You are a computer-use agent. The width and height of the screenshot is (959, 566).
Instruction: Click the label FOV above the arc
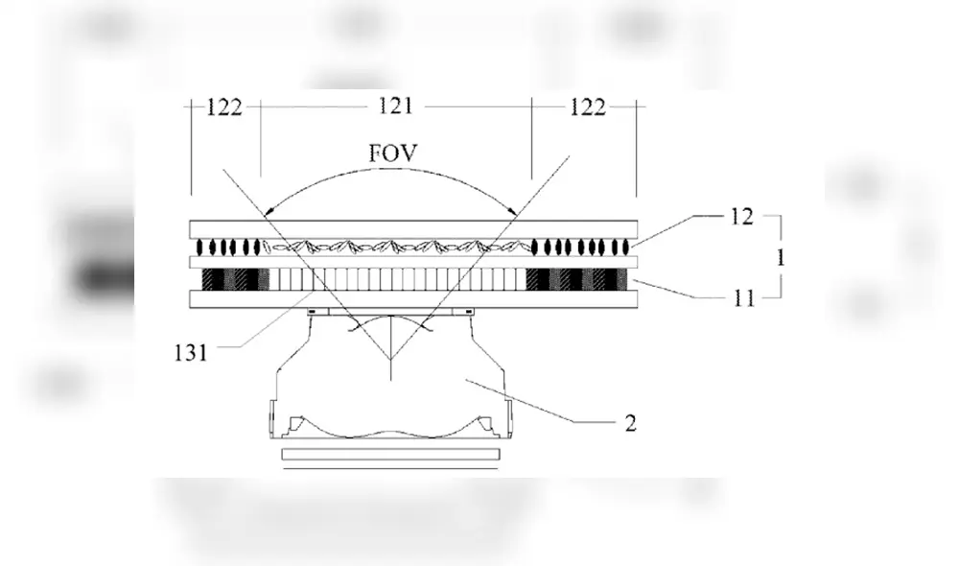coord(392,153)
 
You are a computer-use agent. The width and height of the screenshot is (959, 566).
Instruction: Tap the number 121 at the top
coord(396,106)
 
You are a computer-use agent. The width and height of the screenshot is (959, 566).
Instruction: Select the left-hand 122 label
coord(224,107)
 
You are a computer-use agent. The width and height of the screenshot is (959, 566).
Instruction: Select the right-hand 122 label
coord(587,107)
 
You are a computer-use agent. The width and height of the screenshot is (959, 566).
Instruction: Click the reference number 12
coord(742,217)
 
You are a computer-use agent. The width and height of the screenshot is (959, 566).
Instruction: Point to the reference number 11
coord(744,298)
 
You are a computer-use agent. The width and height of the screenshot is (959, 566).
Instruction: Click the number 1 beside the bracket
coord(781,258)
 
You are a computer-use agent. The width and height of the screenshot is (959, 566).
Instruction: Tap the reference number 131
coord(191,353)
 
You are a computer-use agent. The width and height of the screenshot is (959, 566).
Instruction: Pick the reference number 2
coord(631,423)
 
